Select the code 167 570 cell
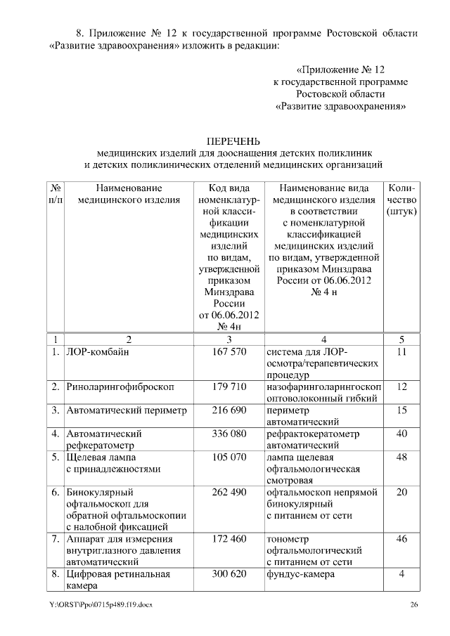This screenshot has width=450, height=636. [229, 352]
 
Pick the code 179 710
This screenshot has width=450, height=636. [229, 387]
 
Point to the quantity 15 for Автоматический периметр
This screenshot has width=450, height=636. [401, 410]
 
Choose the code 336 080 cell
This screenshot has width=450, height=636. [229, 434]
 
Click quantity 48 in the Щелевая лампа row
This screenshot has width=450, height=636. [401, 457]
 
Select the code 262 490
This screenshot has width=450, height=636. [229, 492]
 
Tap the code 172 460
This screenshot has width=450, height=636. [229, 539]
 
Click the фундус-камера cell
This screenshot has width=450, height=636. [300, 574]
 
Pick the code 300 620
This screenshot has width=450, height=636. [229, 574]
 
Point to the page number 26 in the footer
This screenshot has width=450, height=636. [414, 605]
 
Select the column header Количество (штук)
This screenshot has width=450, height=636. [401, 200]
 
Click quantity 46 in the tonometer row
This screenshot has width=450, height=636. [401, 539]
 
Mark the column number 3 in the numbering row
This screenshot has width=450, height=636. [229, 339]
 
